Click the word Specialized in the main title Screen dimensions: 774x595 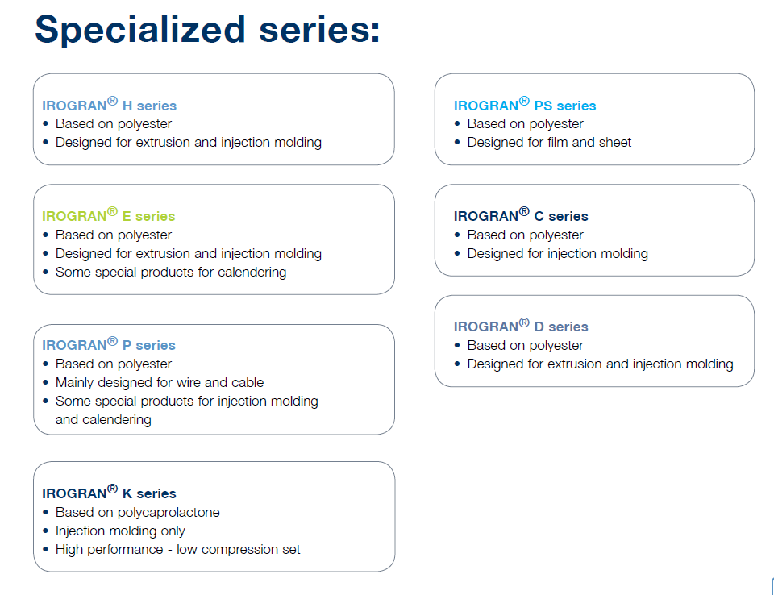tap(140, 31)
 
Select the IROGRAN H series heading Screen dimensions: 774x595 tap(109, 105)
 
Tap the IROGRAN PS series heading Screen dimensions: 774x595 tap(525, 105)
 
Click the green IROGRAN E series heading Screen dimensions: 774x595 tap(109, 215)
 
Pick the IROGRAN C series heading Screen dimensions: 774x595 tap(521, 215)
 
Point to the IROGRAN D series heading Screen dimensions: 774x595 tap(521, 326)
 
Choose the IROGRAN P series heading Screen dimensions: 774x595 tap(109, 344)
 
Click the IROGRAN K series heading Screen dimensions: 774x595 tap(109, 493)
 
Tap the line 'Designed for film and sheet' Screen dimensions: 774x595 tap(549, 142)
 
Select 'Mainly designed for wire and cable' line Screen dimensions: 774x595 tap(160, 383)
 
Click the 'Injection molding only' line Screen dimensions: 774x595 tap(120, 531)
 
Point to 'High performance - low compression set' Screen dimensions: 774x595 tap(177, 550)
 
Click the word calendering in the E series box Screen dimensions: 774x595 tap(252, 272)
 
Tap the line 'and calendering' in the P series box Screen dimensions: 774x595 tap(103, 420)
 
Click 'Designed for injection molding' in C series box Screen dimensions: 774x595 tap(558, 254)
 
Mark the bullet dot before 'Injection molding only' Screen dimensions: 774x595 tap(45, 531)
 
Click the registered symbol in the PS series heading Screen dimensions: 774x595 tap(524, 101)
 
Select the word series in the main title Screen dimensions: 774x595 tap(320, 31)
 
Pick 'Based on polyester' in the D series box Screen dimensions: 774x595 tap(525, 346)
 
